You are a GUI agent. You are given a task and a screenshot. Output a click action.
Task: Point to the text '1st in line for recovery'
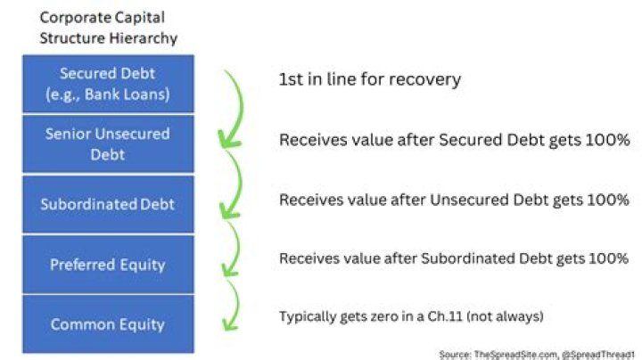tap(369, 80)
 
